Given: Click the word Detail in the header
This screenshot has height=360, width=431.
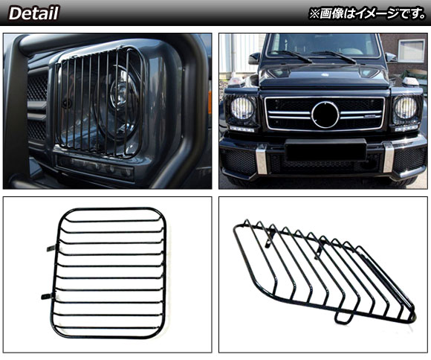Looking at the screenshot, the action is (33, 13).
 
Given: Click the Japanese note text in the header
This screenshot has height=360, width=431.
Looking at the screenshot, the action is (367, 13).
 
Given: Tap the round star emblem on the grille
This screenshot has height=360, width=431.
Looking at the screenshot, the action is (325, 115).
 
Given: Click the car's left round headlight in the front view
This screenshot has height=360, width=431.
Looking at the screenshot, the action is (242, 108).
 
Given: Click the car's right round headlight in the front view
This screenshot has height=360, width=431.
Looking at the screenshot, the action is (405, 108).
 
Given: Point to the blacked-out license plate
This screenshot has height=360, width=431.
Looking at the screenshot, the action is (325, 150).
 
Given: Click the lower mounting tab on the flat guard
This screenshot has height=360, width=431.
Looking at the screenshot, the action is (47, 297).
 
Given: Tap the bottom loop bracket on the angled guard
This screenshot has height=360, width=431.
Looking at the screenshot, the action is (343, 318).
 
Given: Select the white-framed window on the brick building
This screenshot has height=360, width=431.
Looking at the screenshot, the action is (411, 51).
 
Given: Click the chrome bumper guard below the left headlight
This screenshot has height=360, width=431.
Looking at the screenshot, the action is (261, 160).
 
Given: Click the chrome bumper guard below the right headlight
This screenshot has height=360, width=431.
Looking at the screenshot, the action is (388, 158).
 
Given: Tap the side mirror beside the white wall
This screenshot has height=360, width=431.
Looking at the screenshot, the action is (254, 58).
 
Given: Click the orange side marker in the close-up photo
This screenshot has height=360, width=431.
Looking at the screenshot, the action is (210, 103).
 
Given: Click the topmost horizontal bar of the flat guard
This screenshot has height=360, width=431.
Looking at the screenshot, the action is (112, 221).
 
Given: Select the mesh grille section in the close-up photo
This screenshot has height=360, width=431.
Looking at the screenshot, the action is (37, 107).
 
